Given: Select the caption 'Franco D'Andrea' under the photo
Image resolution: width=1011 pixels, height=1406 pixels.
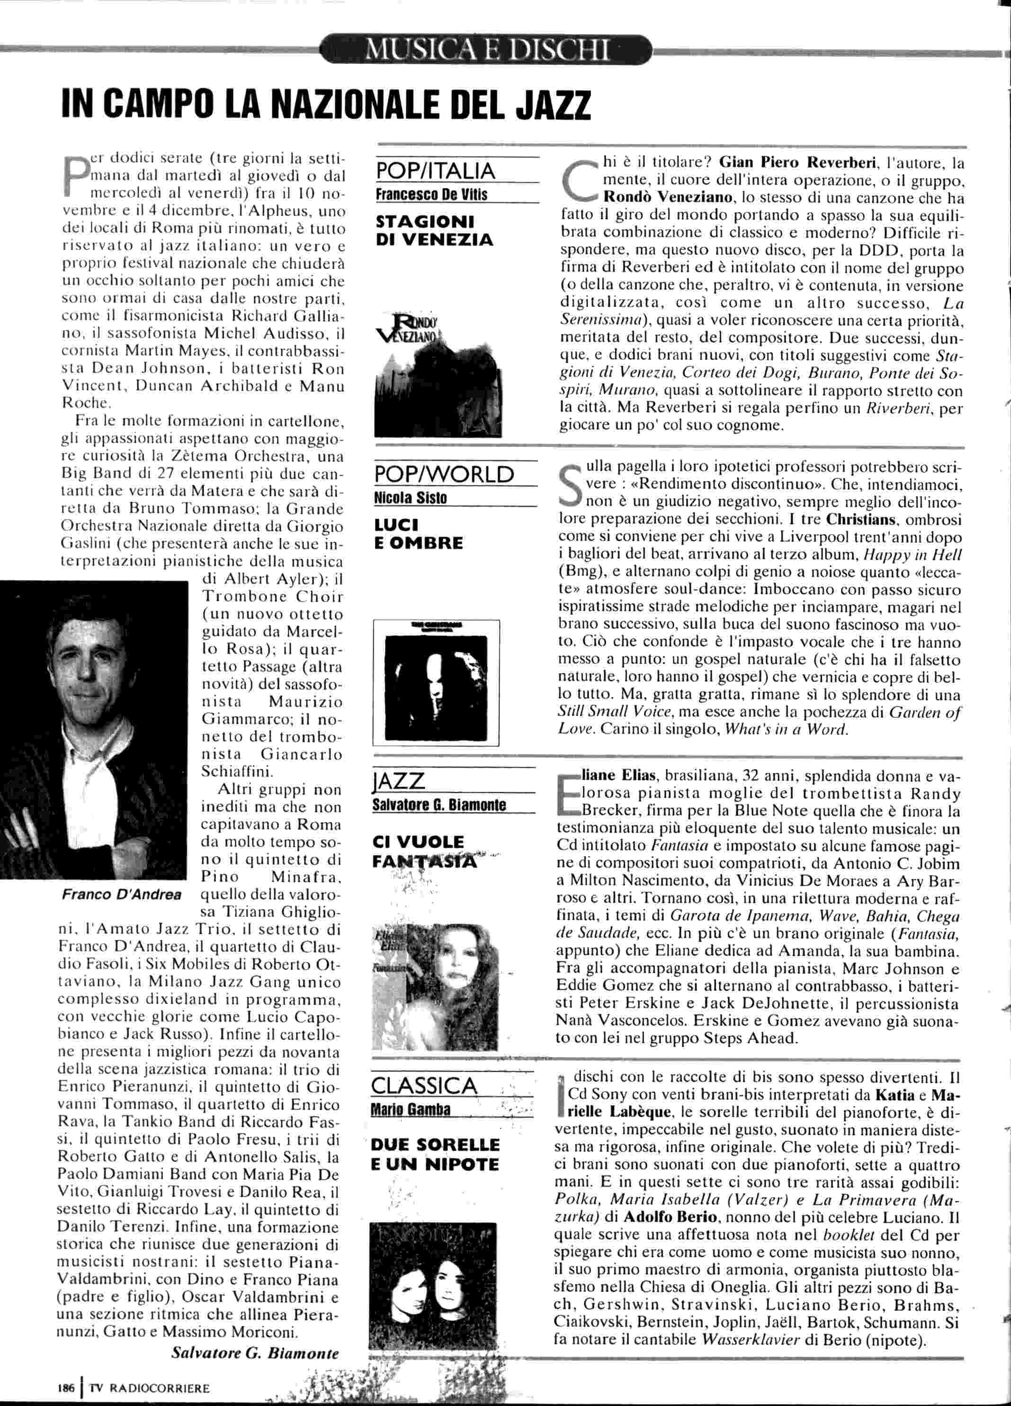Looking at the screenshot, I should point(122,894).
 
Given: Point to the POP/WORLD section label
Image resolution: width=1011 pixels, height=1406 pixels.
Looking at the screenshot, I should point(445,474).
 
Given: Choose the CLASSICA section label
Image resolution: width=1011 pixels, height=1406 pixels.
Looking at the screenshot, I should point(425,1085).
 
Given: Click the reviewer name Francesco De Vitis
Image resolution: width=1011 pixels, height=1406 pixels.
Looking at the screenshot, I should point(431,195).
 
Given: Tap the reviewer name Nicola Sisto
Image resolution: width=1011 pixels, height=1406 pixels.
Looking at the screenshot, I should point(411,498).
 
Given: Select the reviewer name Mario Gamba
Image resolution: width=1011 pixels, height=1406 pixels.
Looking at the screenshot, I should point(411,1109).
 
